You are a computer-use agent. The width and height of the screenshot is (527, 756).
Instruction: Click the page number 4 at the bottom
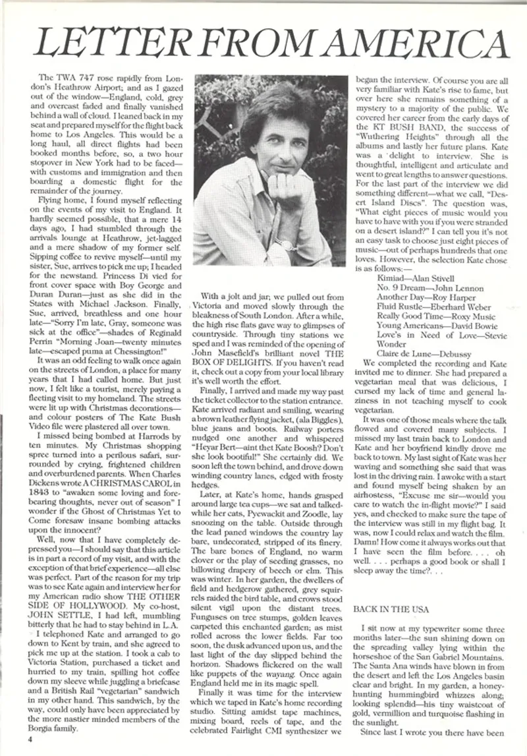click(x=32, y=738)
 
